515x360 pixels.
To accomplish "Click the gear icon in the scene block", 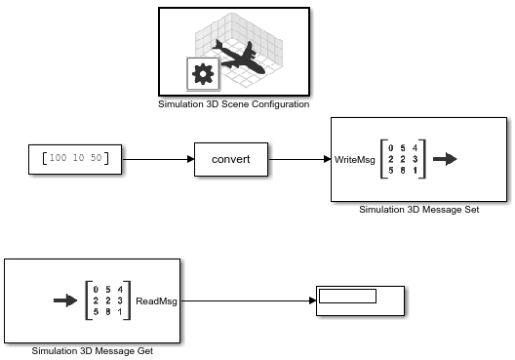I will click(202, 73).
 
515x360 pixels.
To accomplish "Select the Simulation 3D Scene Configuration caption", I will click(233, 103).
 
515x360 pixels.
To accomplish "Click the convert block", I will click(231, 158).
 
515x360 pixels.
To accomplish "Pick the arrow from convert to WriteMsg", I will click(299, 158).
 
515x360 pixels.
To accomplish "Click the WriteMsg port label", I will click(354, 159).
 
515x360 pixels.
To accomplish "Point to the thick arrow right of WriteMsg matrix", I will click(445, 159).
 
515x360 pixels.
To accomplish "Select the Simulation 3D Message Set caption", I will click(419, 208).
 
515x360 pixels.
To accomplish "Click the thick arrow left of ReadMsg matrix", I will click(65, 301).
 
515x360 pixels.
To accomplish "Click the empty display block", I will click(361, 301).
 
